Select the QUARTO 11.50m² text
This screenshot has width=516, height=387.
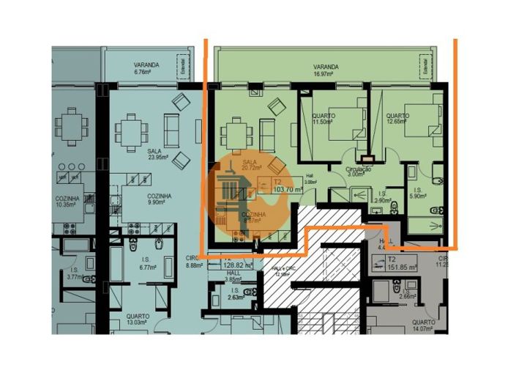[323, 119]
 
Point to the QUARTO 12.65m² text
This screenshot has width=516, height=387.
[397, 119]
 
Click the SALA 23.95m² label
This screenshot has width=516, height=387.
[158, 153]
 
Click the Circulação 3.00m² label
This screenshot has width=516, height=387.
[359, 172]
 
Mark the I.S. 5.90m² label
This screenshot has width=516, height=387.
[418, 193]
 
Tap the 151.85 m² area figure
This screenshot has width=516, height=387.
[402, 268]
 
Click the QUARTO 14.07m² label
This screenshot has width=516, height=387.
[425, 325]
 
